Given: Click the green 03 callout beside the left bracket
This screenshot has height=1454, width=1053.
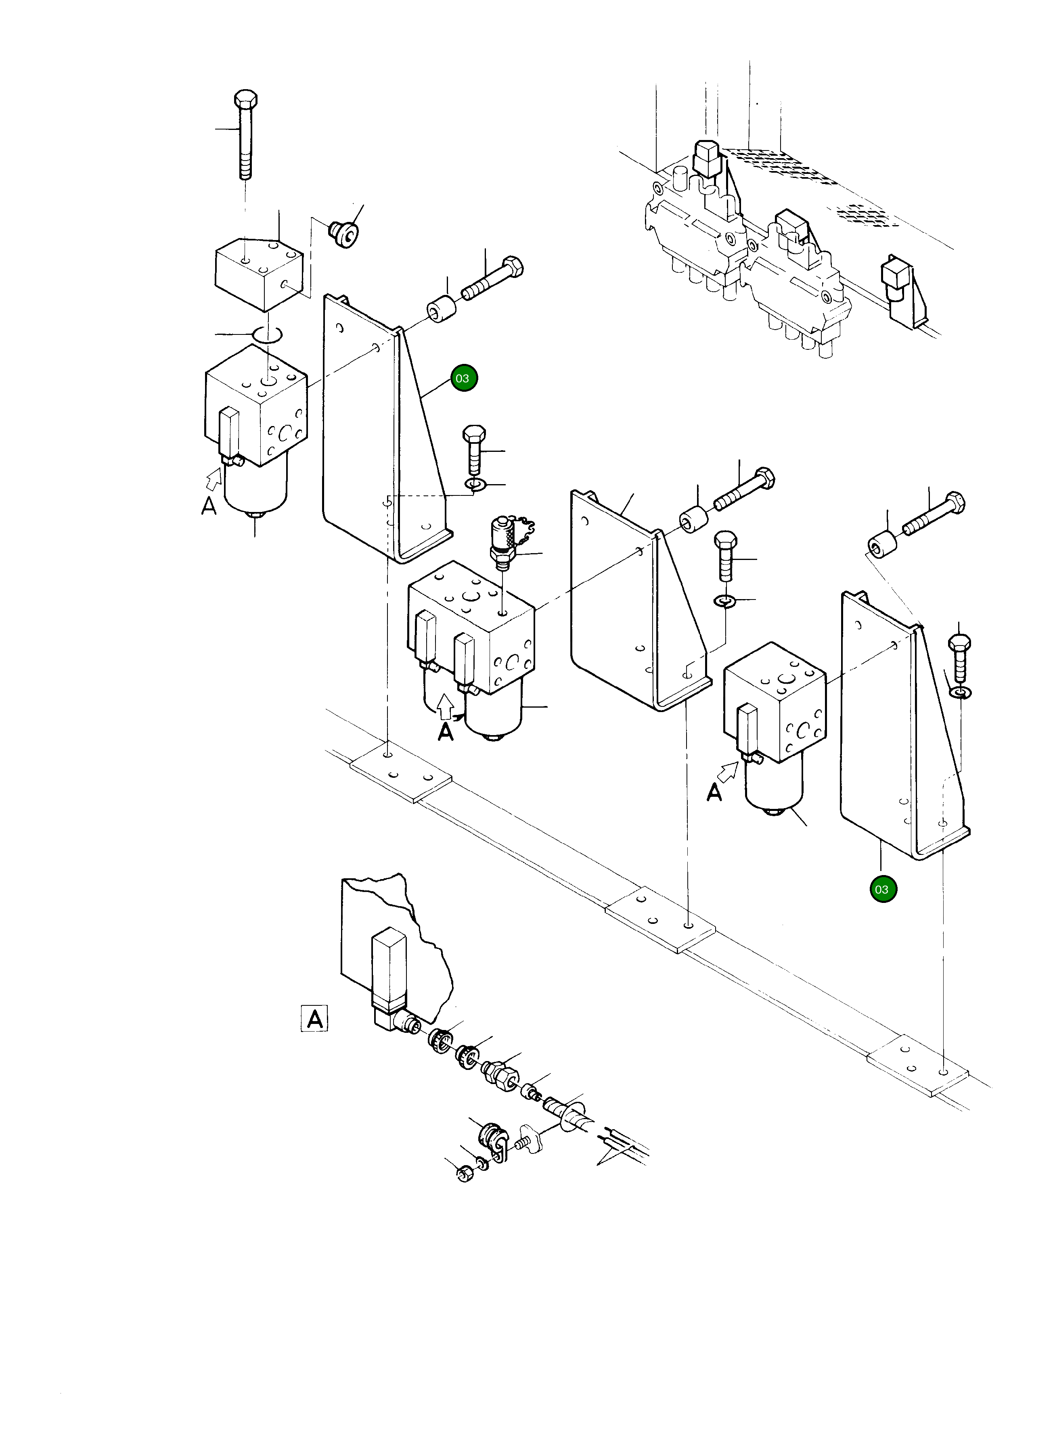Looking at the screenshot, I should pyautogui.click(x=463, y=378).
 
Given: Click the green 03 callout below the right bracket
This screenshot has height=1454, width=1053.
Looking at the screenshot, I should pyautogui.click(x=882, y=889).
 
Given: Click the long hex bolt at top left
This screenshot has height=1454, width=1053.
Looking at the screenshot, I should pyautogui.click(x=245, y=135).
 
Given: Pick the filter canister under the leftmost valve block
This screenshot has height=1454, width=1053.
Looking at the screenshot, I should pyautogui.click(x=255, y=491).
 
